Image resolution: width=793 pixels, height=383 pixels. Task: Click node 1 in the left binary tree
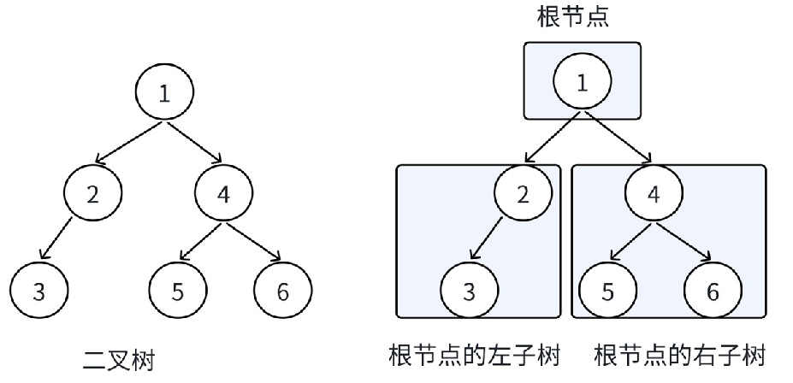click(x=164, y=92)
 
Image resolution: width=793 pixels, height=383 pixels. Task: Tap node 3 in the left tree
click(x=38, y=292)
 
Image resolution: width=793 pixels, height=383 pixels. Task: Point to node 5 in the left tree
click(x=178, y=292)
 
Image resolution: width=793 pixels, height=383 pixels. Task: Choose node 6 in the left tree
click(x=283, y=292)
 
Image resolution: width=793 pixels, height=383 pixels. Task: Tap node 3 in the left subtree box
click(x=469, y=292)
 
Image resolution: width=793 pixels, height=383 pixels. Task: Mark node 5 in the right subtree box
click(x=607, y=292)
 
